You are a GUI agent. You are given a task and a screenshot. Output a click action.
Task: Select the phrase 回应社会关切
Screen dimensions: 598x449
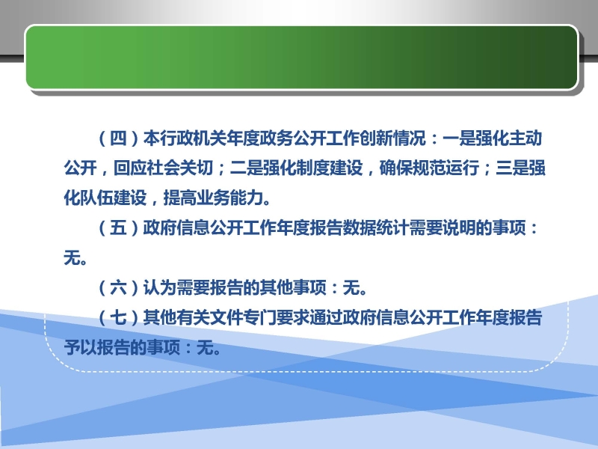click(x=163, y=168)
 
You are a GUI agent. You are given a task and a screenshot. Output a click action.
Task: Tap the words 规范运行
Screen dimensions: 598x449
click(x=446, y=168)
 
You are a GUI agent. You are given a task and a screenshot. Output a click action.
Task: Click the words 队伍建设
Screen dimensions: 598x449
click(x=114, y=198)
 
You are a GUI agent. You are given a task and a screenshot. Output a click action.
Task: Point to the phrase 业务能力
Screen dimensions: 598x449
click(x=229, y=198)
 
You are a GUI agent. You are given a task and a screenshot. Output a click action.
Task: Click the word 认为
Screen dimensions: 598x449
click(x=159, y=287)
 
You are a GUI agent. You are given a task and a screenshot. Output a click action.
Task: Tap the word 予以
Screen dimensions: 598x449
click(x=80, y=347)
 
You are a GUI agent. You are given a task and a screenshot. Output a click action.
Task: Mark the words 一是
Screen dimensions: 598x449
click(x=458, y=138)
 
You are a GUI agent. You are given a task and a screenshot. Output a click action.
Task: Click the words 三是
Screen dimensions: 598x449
click(x=512, y=168)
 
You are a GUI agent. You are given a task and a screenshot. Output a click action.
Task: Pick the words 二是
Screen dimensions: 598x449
click(x=246, y=168)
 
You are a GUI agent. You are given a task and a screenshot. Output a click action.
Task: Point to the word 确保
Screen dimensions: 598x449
click(x=395, y=168)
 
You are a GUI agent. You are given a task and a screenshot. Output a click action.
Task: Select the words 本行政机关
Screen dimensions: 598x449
click(x=185, y=138)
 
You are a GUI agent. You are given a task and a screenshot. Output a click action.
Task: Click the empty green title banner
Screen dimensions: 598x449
click(x=302, y=58)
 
